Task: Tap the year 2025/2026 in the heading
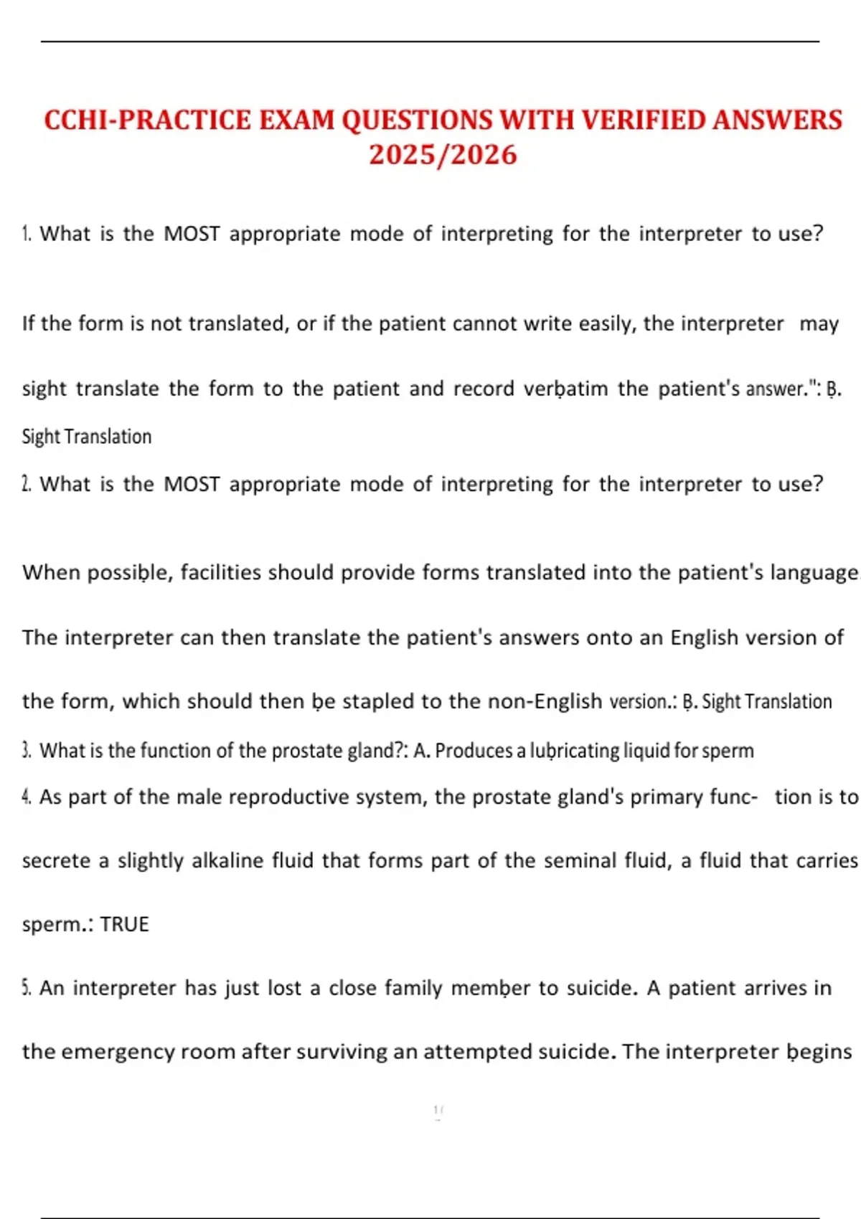[443, 155]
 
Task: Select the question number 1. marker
[27, 234]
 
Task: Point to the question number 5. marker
[27, 988]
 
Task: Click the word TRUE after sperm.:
[125, 924]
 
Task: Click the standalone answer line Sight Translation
[87, 437]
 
